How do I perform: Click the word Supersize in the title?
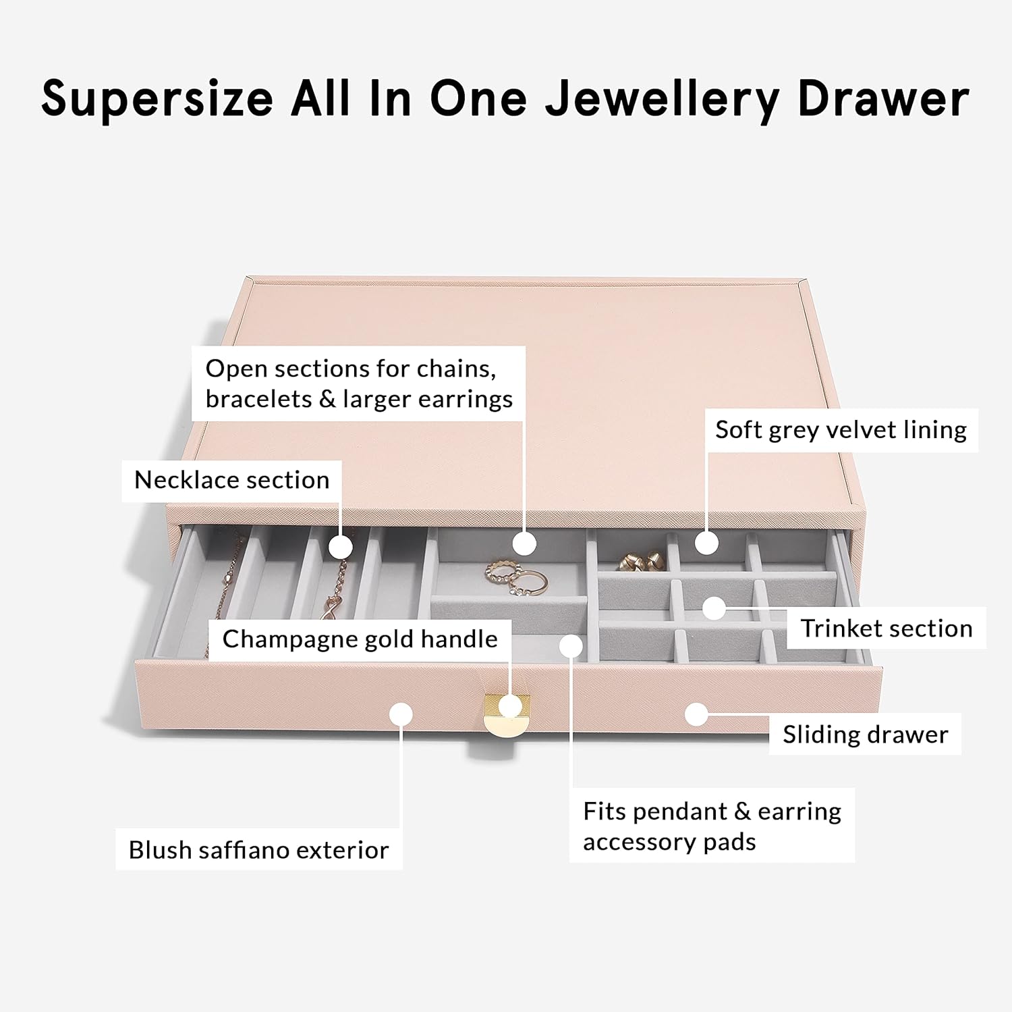pyautogui.click(x=157, y=99)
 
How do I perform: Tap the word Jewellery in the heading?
pyautogui.click(x=663, y=99)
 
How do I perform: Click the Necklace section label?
pyautogui.click(x=231, y=480)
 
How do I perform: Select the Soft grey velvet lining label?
pyautogui.click(x=841, y=430)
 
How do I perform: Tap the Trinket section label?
pyautogui.click(x=887, y=629)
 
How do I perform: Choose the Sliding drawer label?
pyautogui.click(x=865, y=734)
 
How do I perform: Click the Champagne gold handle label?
pyautogui.click(x=360, y=639)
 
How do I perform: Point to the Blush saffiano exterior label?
pyautogui.click(x=258, y=850)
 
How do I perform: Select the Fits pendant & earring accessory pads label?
pyautogui.click(x=712, y=826)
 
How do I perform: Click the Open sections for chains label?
pyautogui.click(x=358, y=383)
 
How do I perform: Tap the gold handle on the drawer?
pyautogui.click(x=507, y=714)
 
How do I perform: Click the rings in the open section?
pyautogui.click(x=516, y=578)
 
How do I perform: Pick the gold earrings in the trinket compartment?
pyautogui.click(x=640, y=560)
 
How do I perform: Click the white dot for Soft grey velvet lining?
pyautogui.click(x=706, y=543)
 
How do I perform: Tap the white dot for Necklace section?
pyautogui.click(x=341, y=546)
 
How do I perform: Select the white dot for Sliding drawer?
pyautogui.click(x=696, y=714)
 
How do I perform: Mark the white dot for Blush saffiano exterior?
pyautogui.click(x=401, y=714)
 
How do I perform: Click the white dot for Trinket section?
pyautogui.click(x=714, y=608)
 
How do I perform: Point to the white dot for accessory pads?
pyautogui.click(x=571, y=646)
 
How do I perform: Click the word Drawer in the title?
pyautogui.click(x=884, y=99)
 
